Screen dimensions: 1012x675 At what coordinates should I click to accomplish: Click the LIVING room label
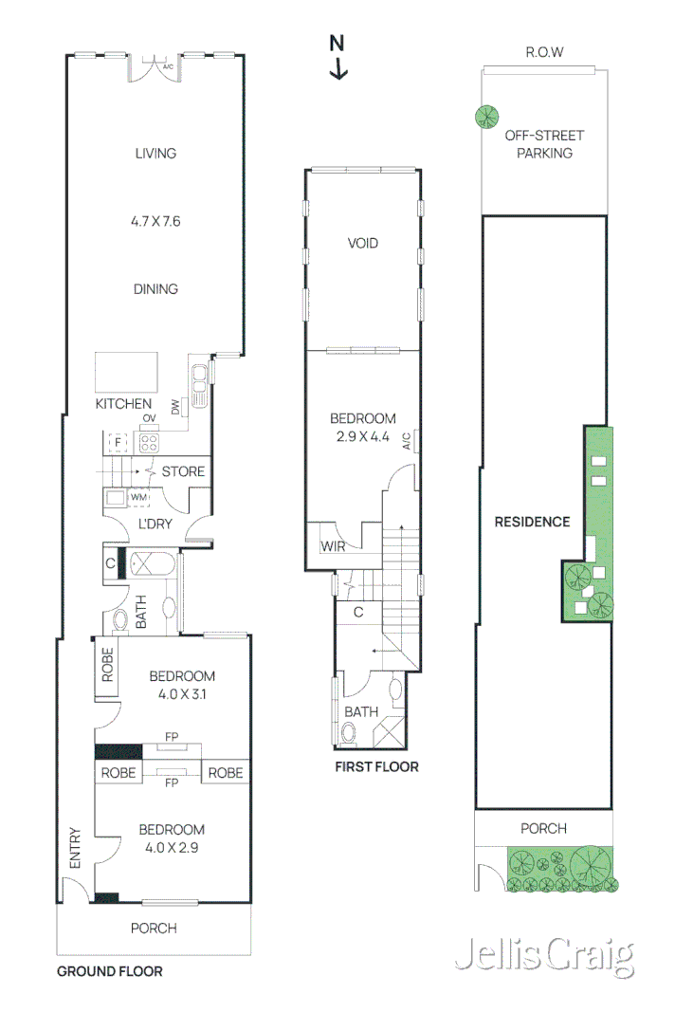(x=155, y=153)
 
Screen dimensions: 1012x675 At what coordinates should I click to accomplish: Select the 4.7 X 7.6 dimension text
(x=155, y=221)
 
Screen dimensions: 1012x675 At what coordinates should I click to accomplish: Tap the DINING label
(x=155, y=289)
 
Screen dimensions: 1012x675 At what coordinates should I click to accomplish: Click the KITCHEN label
(x=123, y=404)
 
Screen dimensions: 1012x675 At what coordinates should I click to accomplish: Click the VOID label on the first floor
(x=362, y=244)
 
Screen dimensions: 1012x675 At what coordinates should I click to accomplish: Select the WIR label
(x=333, y=547)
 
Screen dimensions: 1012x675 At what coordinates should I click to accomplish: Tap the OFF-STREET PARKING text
(x=544, y=144)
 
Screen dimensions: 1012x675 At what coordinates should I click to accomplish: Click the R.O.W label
(x=544, y=52)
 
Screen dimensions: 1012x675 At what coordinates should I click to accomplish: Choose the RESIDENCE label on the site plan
(x=532, y=522)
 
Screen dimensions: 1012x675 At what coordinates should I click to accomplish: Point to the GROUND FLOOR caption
(x=109, y=971)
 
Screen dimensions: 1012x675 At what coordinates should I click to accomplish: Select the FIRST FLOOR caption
(x=375, y=766)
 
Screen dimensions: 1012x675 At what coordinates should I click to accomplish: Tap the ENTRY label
(x=76, y=848)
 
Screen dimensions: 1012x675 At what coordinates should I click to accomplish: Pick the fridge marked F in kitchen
(x=118, y=442)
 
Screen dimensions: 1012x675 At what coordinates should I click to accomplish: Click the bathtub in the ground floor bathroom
(x=152, y=565)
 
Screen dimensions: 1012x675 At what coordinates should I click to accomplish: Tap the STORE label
(x=182, y=471)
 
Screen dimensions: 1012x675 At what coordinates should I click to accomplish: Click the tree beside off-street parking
(x=487, y=117)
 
